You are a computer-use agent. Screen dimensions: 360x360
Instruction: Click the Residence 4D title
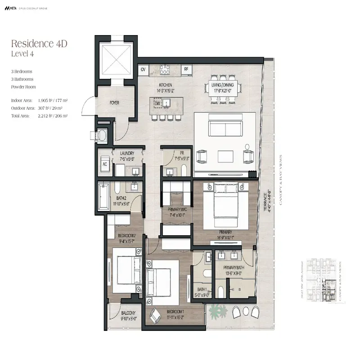click(39, 44)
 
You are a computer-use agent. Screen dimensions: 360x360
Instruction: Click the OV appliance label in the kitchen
click(143, 69)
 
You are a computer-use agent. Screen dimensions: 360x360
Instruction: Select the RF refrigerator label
click(186, 69)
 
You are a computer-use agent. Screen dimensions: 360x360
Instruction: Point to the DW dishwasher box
click(158, 103)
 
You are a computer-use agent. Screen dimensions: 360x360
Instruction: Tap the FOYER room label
click(114, 103)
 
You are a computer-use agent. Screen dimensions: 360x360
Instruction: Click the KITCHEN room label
click(166, 85)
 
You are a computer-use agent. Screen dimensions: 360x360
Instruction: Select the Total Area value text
click(53, 116)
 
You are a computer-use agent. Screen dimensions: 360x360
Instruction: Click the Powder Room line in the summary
click(23, 87)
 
